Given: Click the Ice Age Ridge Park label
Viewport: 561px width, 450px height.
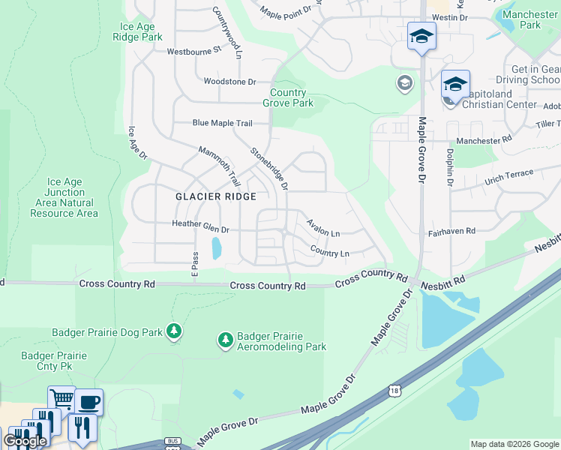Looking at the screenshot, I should [x=136, y=31].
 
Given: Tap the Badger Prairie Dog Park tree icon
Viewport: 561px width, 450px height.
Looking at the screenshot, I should [x=174, y=331].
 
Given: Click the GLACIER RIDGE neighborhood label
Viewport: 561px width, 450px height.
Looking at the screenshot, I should [x=216, y=196].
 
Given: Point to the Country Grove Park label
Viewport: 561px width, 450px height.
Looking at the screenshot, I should [x=288, y=97].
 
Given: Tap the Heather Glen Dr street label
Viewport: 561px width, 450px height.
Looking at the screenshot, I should [x=200, y=224].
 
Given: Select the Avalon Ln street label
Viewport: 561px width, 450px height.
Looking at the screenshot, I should [x=323, y=227].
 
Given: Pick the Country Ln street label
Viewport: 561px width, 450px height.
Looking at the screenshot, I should [x=329, y=252].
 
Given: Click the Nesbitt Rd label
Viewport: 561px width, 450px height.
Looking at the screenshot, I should [x=442, y=279].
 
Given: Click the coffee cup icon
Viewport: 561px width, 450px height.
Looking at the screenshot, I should [x=89, y=401].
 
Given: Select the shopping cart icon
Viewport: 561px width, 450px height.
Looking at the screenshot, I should [x=61, y=399].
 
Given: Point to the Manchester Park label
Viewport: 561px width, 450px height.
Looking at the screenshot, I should [x=530, y=19].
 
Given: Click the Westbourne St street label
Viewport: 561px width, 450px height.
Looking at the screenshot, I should [x=195, y=51].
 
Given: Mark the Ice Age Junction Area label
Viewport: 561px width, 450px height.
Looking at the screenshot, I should [x=64, y=197].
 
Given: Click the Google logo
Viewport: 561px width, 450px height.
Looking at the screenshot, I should [x=25, y=441].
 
